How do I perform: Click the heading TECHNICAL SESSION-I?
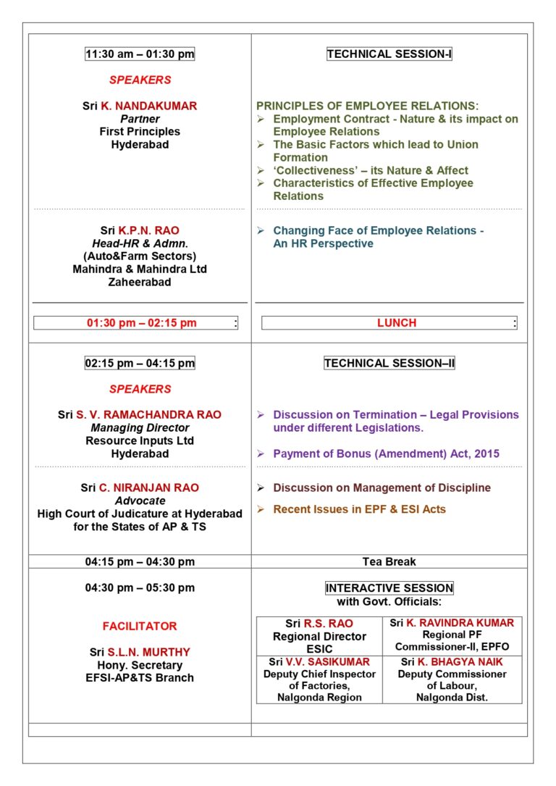(x=389, y=54)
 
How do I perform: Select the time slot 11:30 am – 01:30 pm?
(x=140, y=54)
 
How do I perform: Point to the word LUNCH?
(x=397, y=323)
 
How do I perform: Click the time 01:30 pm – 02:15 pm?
(x=142, y=323)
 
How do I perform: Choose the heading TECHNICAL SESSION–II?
(x=389, y=363)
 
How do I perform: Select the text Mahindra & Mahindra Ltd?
(x=140, y=269)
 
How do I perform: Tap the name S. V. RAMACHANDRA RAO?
(x=148, y=415)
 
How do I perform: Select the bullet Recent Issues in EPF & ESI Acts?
(x=359, y=509)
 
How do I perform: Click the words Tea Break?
(x=389, y=561)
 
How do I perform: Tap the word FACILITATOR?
(x=140, y=626)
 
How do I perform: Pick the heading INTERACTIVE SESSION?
(x=389, y=588)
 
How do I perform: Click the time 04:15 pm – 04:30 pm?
(x=140, y=561)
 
